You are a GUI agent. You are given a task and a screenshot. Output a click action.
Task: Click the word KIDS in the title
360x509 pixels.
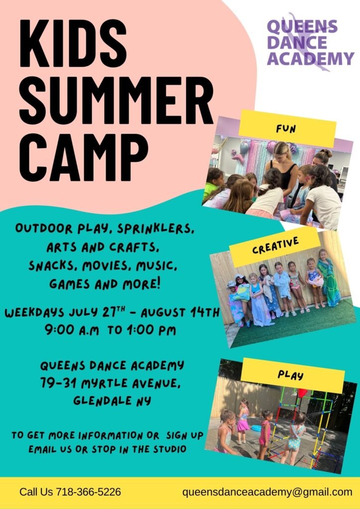tap(73, 43)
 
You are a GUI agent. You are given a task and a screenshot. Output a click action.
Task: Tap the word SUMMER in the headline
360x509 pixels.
tap(116, 100)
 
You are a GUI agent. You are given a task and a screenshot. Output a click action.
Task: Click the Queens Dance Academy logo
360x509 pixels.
tap(310, 42)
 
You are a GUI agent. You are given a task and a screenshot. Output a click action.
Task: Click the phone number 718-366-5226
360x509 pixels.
tap(89, 492)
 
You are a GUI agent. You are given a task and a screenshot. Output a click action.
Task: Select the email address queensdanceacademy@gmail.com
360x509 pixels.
tap(267, 492)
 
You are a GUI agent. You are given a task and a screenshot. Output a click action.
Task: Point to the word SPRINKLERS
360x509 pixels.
tap(156, 229)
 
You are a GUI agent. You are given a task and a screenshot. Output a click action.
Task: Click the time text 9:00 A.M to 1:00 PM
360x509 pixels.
tap(110, 331)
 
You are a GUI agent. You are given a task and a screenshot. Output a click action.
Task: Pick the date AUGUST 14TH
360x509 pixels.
tap(180, 312)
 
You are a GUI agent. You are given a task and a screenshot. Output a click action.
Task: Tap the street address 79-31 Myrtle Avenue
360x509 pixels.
tap(111, 384)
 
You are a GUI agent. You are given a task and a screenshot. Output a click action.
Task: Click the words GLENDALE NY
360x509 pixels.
tap(112, 401)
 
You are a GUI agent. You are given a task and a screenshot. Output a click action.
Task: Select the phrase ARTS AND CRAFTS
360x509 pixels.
tap(103, 248)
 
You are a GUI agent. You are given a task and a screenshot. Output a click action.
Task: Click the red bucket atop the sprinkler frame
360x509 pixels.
tap(302, 393)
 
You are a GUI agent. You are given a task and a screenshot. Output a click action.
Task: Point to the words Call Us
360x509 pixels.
tap(36, 492)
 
